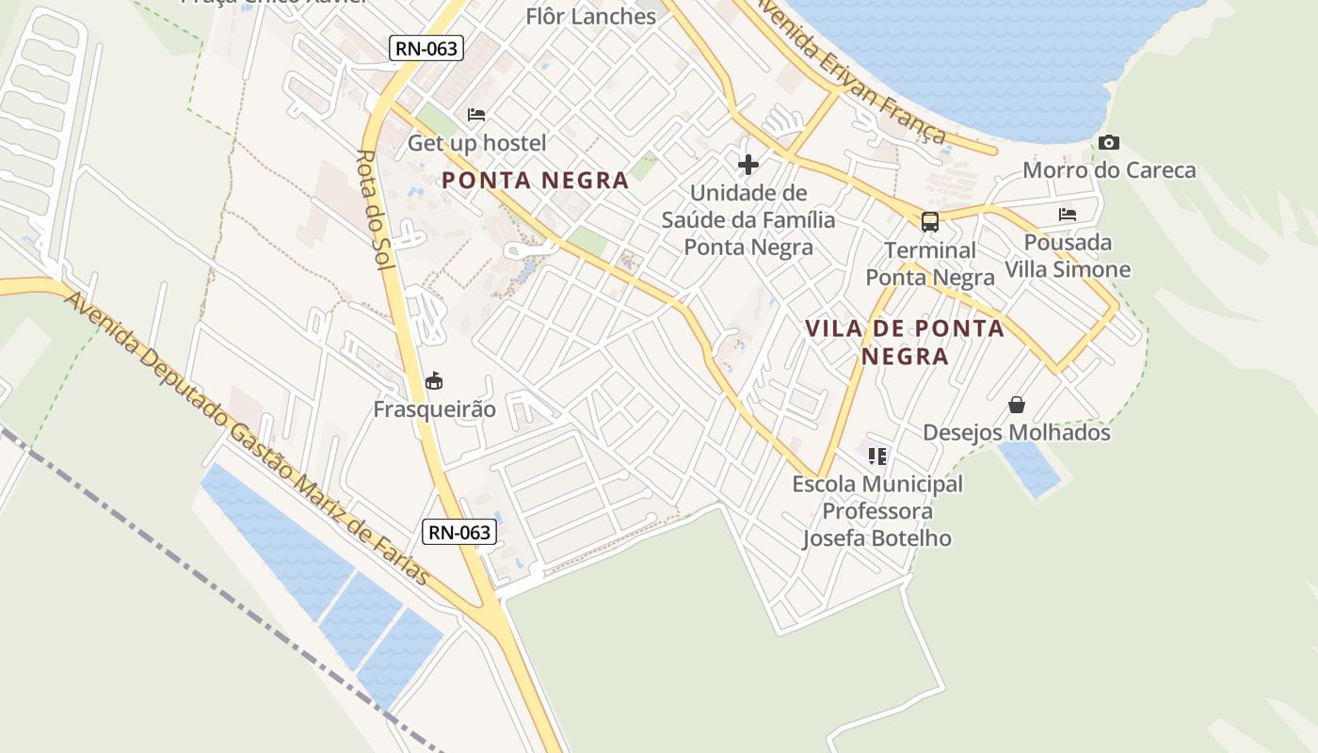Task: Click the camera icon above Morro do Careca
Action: [x=1109, y=143]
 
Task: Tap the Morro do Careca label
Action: [x=1109, y=170]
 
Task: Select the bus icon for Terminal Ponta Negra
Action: [x=930, y=222]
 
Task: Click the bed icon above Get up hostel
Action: [x=476, y=115]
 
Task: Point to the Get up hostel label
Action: [x=476, y=143]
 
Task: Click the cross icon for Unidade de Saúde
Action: [x=748, y=166]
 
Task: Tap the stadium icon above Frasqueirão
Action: [x=434, y=381]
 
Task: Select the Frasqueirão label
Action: [x=434, y=409]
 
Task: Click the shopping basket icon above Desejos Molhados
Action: [x=1017, y=405]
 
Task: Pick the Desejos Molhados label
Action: [x=1017, y=433]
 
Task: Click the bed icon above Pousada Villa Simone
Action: [x=1068, y=215]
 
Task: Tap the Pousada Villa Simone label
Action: [x=1068, y=256]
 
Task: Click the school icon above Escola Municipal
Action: [x=877, y=457]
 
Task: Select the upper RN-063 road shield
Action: [x=426, y=48]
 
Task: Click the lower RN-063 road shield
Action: [x=459, y=532]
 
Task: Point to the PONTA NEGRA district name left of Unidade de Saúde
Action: [x=536, y=181]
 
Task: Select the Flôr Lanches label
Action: [x=591, y=17]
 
